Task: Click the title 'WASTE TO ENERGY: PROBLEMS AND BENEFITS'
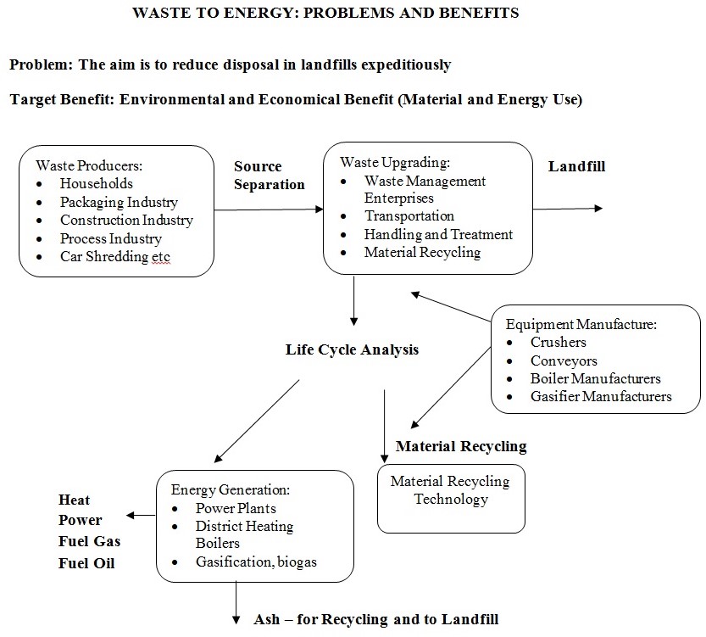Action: coord(326,14)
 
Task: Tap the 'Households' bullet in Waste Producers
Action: coord(96,182)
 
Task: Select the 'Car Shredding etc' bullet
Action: coord(115,257)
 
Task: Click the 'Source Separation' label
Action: coord(268,176)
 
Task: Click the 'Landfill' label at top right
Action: coord(576,166)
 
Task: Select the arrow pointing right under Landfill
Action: coord(568,208)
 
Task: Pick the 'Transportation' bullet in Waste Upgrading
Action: coord(409,215)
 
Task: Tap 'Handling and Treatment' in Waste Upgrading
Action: coord(438,234)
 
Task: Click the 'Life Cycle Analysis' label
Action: coord(352,349)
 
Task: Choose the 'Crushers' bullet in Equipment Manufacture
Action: coord(558,342)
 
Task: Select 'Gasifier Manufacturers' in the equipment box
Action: coord(600,396)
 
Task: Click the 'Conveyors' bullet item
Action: coord(564,360)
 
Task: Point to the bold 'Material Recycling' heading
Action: coord(461,446)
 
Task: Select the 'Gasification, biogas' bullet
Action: coord(256,562)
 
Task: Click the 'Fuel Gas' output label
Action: coord(89,541)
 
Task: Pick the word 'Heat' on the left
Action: coord(74,500)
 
